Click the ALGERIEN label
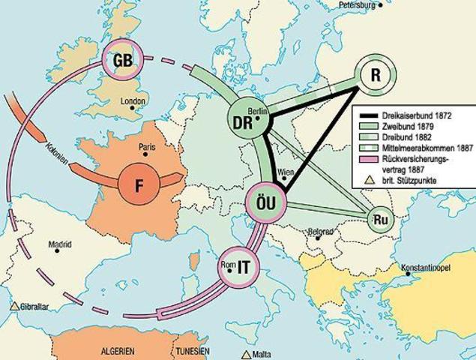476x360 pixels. coord(118,351)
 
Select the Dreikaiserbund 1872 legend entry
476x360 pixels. coord(415,115)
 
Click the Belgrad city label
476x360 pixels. coord(319,232)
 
